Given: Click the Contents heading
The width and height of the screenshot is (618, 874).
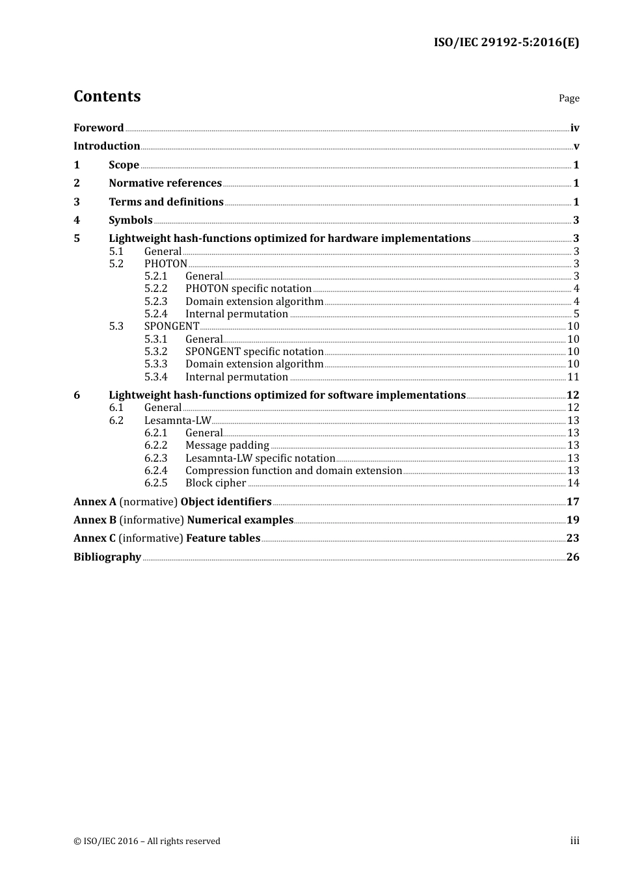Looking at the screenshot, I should tap(107, 96).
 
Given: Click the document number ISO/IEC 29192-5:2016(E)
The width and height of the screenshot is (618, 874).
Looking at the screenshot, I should tap(506, 42).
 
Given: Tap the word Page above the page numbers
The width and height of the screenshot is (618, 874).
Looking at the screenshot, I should tap(569, 98).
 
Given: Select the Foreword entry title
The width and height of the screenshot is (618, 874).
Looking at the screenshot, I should tap(98, 127).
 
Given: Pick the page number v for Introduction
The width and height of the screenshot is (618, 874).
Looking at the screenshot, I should tap(576, 146).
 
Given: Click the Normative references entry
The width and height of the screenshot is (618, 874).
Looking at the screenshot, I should tap(165, 183).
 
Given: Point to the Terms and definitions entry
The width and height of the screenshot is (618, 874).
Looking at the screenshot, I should tap(166, 202).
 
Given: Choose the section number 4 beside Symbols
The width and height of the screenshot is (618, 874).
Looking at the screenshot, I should tap(77, 220).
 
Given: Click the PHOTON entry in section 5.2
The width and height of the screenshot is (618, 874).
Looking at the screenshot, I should tap(165, 264).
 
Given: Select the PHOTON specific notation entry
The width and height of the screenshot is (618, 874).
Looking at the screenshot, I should tap(248, 289).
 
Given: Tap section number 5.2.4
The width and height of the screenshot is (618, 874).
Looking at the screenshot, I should tap(155, 314).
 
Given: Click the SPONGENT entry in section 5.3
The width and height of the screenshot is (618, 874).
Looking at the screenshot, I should tap(172, 326).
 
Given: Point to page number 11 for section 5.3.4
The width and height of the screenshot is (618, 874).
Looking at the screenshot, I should tap(572, 377).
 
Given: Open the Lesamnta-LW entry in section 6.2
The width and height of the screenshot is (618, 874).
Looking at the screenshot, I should tap(178, 421).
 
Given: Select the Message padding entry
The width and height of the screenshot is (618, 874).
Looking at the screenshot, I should tap(227, 445).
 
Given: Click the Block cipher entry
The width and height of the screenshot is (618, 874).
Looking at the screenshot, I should tap(215, 483).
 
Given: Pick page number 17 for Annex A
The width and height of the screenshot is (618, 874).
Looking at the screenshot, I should tap(572, 502).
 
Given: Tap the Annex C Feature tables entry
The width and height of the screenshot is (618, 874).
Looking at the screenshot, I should tap(167, 538).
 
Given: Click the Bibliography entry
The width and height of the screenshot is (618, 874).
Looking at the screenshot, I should tap(107, 557).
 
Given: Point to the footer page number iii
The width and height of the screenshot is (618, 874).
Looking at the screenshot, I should tap(574, 841).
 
